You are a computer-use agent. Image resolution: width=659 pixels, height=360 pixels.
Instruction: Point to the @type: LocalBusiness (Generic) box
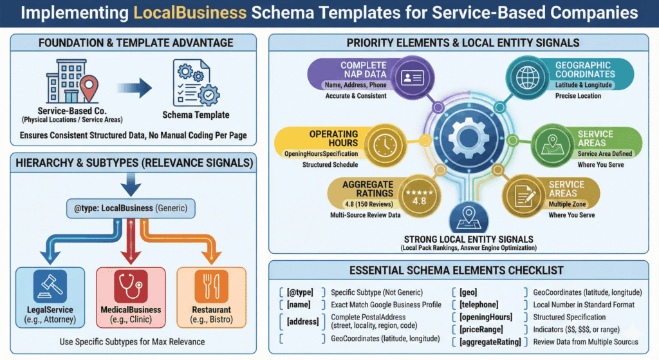(x=133, y=209)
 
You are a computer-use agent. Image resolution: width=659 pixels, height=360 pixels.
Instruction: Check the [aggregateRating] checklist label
(x=490, y=342)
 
